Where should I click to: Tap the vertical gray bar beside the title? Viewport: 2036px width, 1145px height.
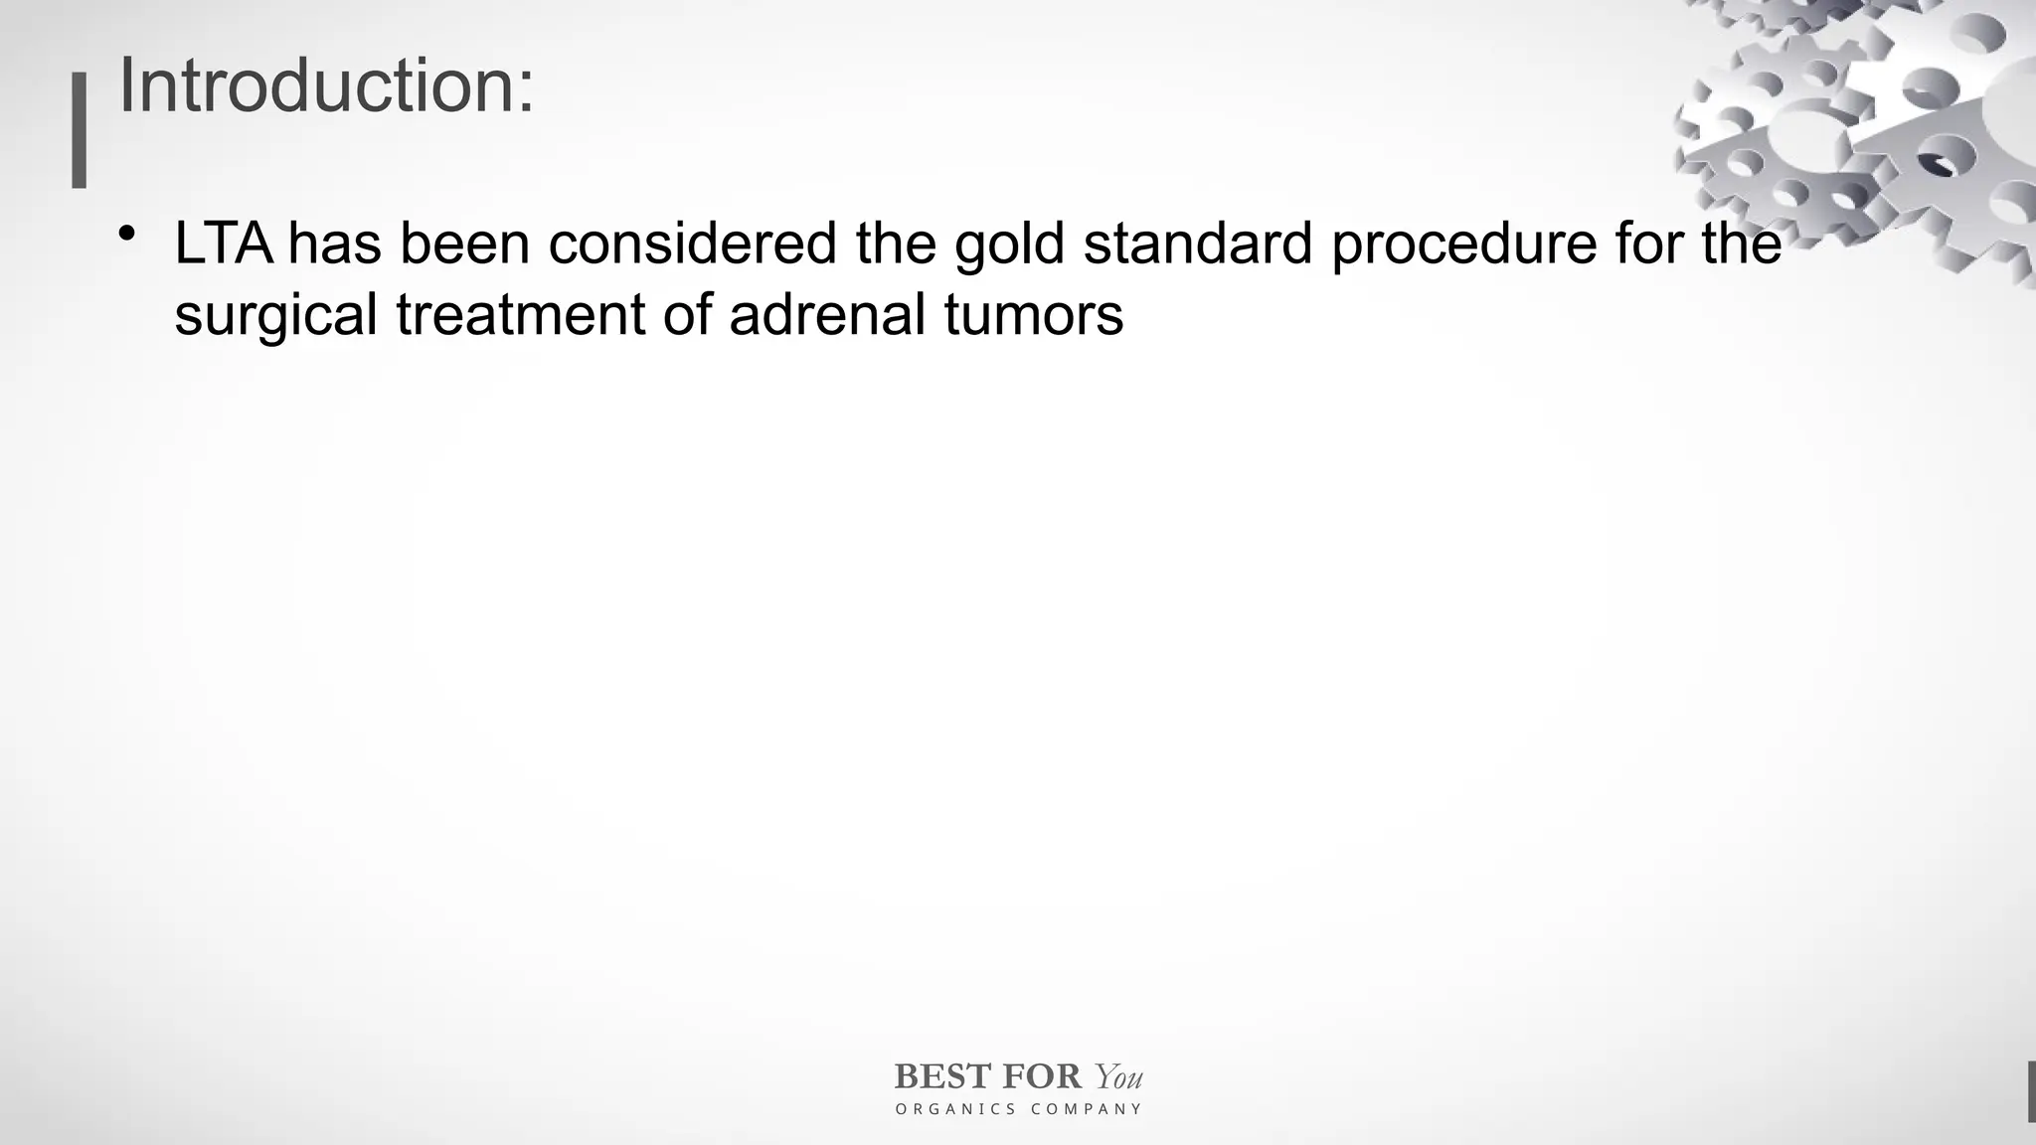pyautogui.click(x=80, y=130)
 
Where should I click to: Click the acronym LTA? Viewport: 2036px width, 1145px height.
pyautogui.click(x=224, y=244)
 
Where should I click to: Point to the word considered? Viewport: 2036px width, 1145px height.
pyautogui.click(x=692, y=244)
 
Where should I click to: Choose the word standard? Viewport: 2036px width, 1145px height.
pyautogui.click(x=1198, y=244)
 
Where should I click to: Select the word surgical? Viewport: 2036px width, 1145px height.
pyautogui.click(x=275, y=316)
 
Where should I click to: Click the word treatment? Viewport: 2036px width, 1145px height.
pyautogui.click(x=521, y=315)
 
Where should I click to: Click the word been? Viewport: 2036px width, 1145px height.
pyautogui.click(x=464, y=244)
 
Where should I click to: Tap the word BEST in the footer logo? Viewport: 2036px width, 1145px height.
pyautogui.click(x=942, y=1076)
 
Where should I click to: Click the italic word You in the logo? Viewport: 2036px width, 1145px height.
pyautogui.click(x=1118, y=1076)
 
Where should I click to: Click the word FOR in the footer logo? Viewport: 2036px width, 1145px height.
pyautogui.click(x=1042, y=1076)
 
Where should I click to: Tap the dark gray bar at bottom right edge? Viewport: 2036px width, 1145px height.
pyautogui.click(x=2031, y=1091)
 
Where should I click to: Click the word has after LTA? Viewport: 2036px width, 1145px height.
pyautogui.click(x=335, y=244)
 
